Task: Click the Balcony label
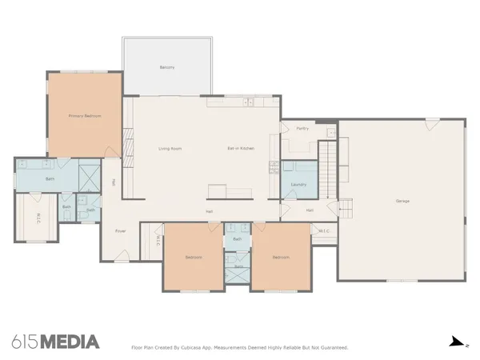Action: click(x=166, y=67)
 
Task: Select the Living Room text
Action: click(x=170, y=149)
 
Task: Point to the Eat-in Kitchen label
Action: click(x=240, y=149)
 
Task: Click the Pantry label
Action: click(x=302, y=128)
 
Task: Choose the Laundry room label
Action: click(x=298, y=184)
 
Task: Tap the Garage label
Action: click(x=402, y=201)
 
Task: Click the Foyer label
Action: click(x=121, y=231)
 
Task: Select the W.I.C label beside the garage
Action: click(x=324, y=231)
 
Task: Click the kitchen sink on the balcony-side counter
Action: click(x=250, y=102)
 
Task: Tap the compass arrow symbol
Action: click(x=456, y=342)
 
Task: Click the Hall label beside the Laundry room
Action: click(x=309, y=210)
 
